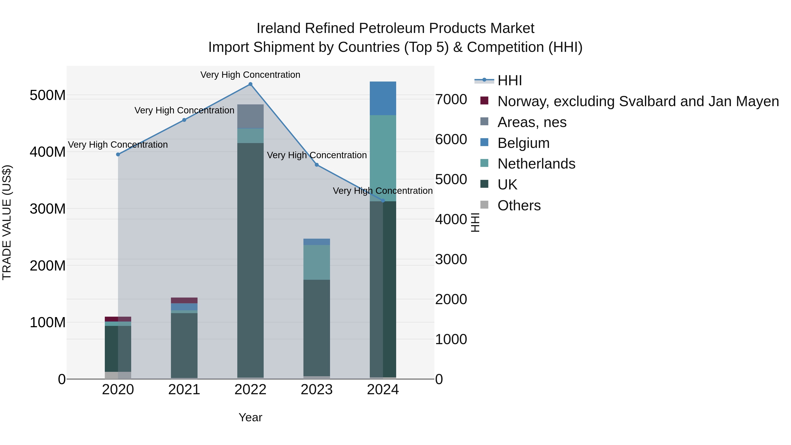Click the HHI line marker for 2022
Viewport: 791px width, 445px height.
point(250,84)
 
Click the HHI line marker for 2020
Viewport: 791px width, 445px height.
point(118,154)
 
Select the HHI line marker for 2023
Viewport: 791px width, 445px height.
point(317,165)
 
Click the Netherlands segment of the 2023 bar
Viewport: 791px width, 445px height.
point(317,262)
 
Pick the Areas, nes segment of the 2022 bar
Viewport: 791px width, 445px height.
point(250,116)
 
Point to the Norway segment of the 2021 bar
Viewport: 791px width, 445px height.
point(184,300)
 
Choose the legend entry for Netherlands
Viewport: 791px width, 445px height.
point(536,164)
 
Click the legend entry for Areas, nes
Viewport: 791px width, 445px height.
point(532,122)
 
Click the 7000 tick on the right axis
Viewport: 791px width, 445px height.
point(451,100)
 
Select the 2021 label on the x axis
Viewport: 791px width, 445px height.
point(184,390)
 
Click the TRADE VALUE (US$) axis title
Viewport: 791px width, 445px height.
point(7,222)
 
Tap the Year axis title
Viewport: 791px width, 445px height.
point(250,417)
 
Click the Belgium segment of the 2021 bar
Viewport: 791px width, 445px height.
point(184,307)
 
